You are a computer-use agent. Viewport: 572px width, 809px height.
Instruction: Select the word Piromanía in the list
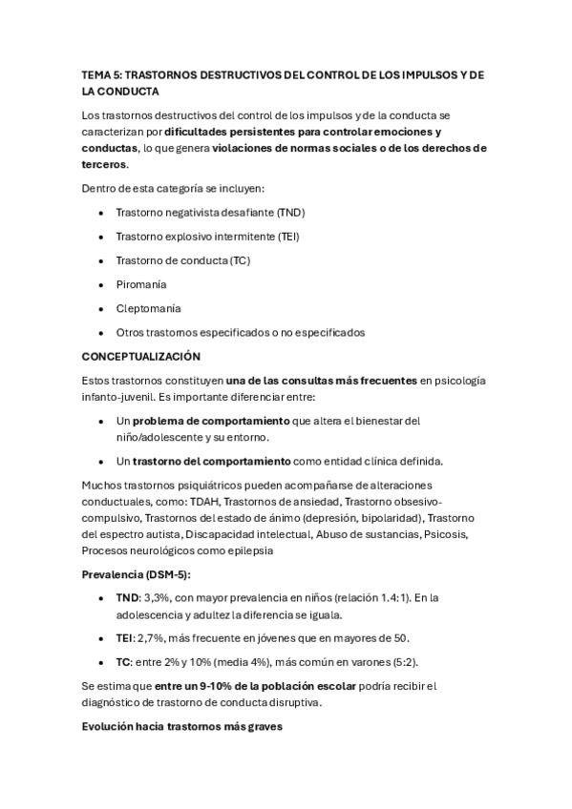[x=140, y=284]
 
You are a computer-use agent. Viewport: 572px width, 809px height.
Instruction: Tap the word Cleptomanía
[x=148, y=308]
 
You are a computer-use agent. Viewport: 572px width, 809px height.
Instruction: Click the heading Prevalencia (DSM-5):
[x=137, y=574]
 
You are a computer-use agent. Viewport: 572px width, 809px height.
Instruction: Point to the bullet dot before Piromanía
[x=102, y=284]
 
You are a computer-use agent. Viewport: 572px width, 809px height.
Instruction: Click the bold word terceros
[x=104, y=164]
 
